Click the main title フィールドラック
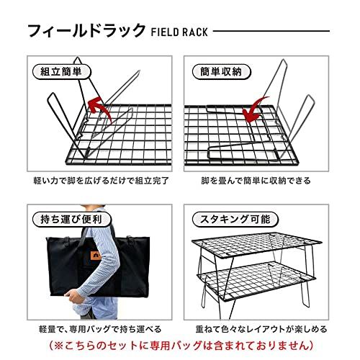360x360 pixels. click(85, 32)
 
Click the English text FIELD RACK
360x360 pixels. click(179, 32)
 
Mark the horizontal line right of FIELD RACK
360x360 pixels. click(274, 32)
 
